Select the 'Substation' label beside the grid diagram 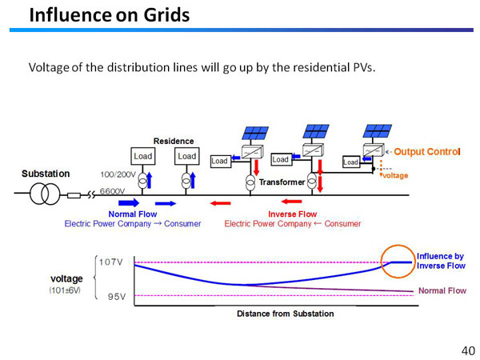tap(46, 174)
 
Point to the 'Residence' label tap(174, 141)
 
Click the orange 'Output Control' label tap(427, 151)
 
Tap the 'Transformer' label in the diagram tap(282, 182)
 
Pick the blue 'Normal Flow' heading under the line tap(133, 214)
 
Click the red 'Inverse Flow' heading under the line tap(292, 214)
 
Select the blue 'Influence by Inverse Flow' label tap(441, 261)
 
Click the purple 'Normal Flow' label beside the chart tap(442, 290)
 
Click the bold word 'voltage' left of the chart tap(67, 278)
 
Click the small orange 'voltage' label tap(394, 175)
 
